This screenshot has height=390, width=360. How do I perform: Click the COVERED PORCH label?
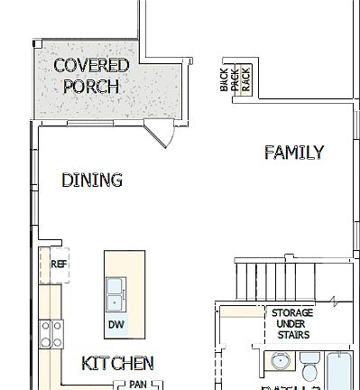tap(91, 76)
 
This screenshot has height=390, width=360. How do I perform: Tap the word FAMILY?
tap(293, 153)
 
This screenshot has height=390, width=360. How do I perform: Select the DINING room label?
tap(92, 181)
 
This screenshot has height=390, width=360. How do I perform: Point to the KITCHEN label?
tap(117, 364)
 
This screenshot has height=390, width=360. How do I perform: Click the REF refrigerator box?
tap(59, 265)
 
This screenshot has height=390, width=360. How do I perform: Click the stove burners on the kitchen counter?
tap(51, 334)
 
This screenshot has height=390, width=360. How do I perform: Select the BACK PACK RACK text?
tap(235, 81)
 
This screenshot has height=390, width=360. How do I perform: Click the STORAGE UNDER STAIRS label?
tap(293, 324)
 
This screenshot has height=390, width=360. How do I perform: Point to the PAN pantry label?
tap(137, 384)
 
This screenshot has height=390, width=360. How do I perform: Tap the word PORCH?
tap(91, 87)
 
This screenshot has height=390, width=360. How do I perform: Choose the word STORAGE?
tap(293, 313)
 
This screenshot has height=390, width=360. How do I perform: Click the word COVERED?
tap(91, 65)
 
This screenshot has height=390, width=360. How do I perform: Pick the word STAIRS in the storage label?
tap(293, 335)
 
